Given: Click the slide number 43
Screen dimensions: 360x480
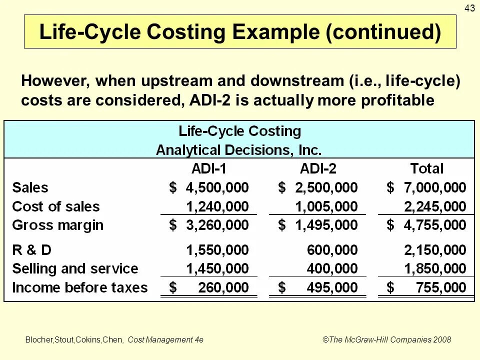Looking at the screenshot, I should pos(470,7).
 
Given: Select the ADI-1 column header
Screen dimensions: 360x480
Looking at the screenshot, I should pos(212,168).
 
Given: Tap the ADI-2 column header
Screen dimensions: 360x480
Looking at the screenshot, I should pos(325,168).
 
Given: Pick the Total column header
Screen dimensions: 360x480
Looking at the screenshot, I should pos(427,168).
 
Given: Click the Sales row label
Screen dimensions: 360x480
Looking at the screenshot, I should pos(30,188).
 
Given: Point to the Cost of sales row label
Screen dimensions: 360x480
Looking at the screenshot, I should pos(55,206).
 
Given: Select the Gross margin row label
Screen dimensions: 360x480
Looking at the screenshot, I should pos(57,225).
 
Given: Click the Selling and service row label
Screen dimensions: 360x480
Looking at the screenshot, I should pos(75,268).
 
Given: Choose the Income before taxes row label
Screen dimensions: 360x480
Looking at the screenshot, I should pos(80,287).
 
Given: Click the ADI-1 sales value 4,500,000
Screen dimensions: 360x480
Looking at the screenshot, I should pos(217,188).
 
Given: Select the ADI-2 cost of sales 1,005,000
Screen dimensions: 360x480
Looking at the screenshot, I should pos(326,206).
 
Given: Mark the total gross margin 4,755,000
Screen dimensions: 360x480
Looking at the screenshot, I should pos(435,225).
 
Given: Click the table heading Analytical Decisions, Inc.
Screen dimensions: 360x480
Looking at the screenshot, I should pos(239,149).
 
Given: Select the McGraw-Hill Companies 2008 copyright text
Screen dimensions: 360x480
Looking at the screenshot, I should pos(386,340).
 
